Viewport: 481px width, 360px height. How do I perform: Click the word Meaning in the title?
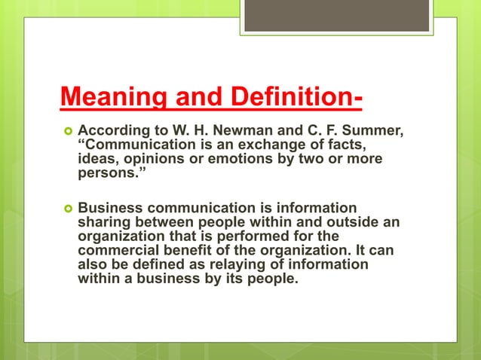107,98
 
